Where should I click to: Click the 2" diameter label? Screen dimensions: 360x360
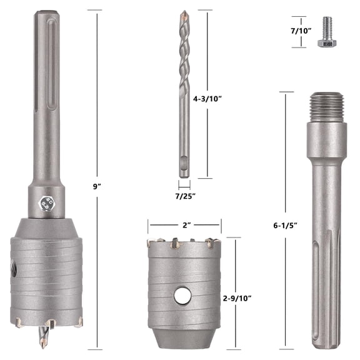tap(184, 224)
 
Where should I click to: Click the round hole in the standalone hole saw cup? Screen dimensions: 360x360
tap(182, 295)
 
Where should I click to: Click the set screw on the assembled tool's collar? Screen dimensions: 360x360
tap(44, 201)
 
